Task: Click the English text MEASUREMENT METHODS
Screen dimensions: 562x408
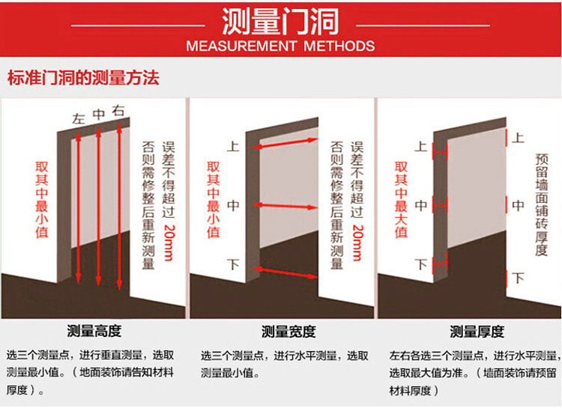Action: [x=280, y=46]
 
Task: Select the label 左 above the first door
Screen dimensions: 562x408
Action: [x=79, y=118]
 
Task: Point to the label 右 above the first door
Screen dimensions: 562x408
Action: [x=118, y=111]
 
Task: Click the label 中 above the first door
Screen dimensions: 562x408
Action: [x=98, y=115]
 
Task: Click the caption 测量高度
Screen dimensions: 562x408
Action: [x=94, y=331]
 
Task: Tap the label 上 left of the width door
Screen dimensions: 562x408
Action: [x=233, y=147]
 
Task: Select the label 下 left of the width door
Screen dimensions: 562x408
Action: [x=233, y=264]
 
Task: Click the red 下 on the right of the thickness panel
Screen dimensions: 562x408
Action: [x=518, y=278]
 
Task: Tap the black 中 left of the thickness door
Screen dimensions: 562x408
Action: [x=421, y=204]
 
